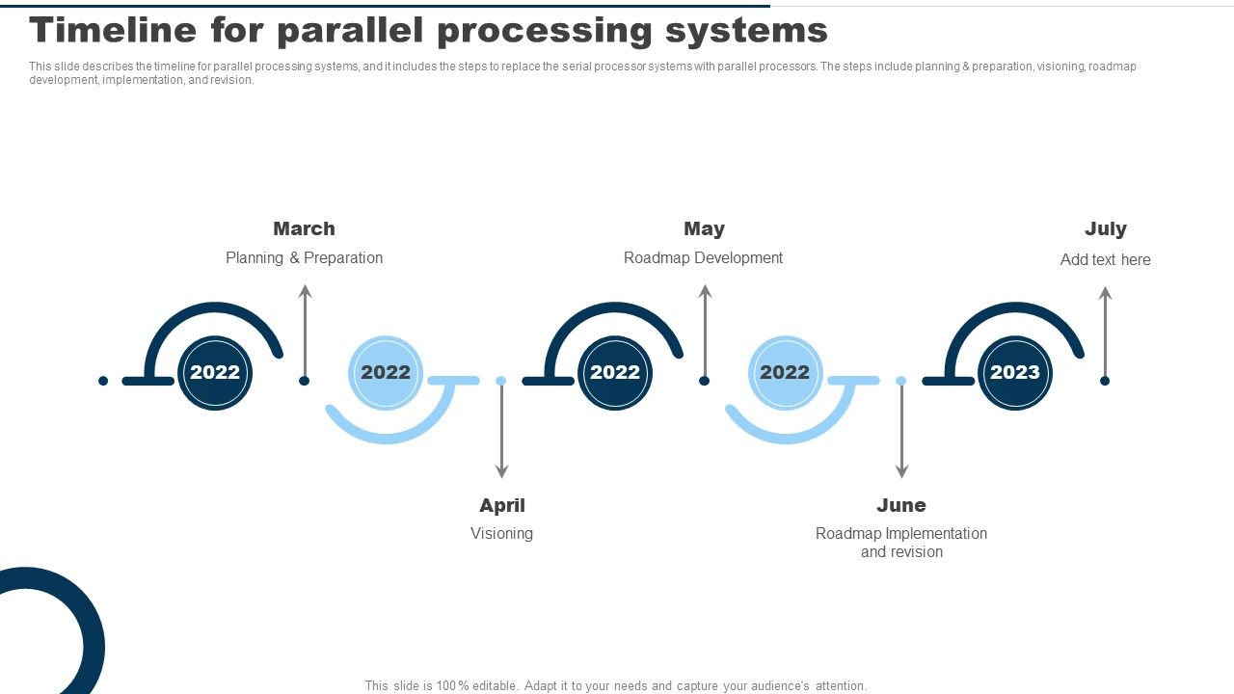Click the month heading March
point(304,228)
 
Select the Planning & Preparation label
point(304,257)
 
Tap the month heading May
point(704,228)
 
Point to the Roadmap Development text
point(703,257)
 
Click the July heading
point(1105,228)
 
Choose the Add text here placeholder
point(1105,259)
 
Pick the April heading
point(502,505)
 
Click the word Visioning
point(501,533)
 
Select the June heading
point(901,505)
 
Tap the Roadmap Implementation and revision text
point(901,542)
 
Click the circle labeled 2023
point(1015,372)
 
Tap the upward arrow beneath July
point(1105,333)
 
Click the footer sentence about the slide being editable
point(616,685)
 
